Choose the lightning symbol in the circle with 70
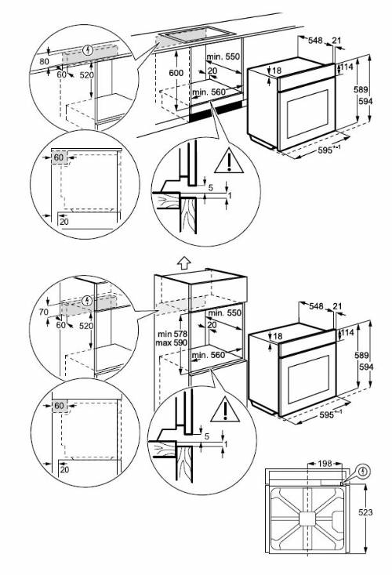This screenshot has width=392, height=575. coord(87,300)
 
